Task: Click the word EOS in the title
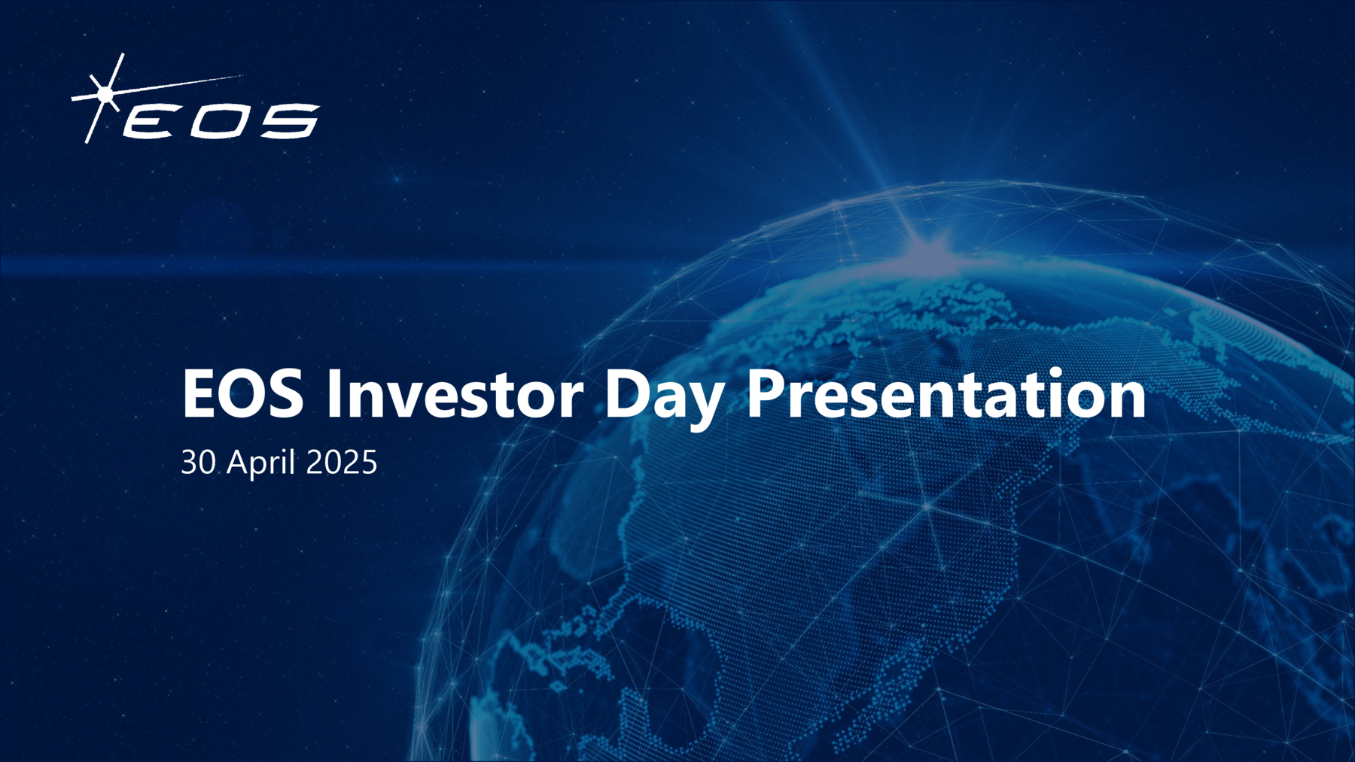click(242, 394)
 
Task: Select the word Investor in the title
click(454, 394)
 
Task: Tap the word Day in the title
click(664, 396)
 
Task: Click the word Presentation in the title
click(945, 394)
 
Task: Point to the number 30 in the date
click(198, 462)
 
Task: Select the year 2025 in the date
click(342, 462)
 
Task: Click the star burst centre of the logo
click(105, 93)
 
